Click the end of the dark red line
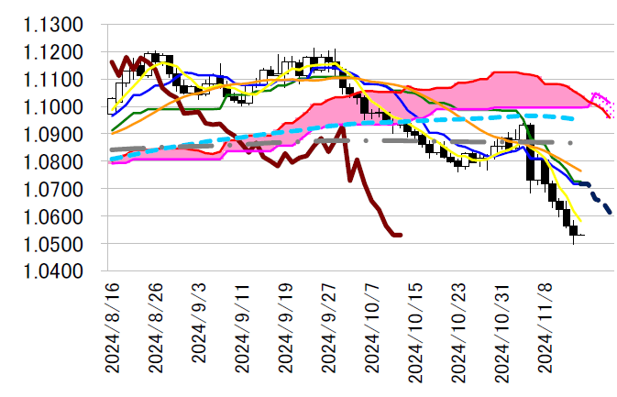point(401,235)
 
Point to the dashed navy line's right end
point(611,213)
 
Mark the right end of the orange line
point(580,171)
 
